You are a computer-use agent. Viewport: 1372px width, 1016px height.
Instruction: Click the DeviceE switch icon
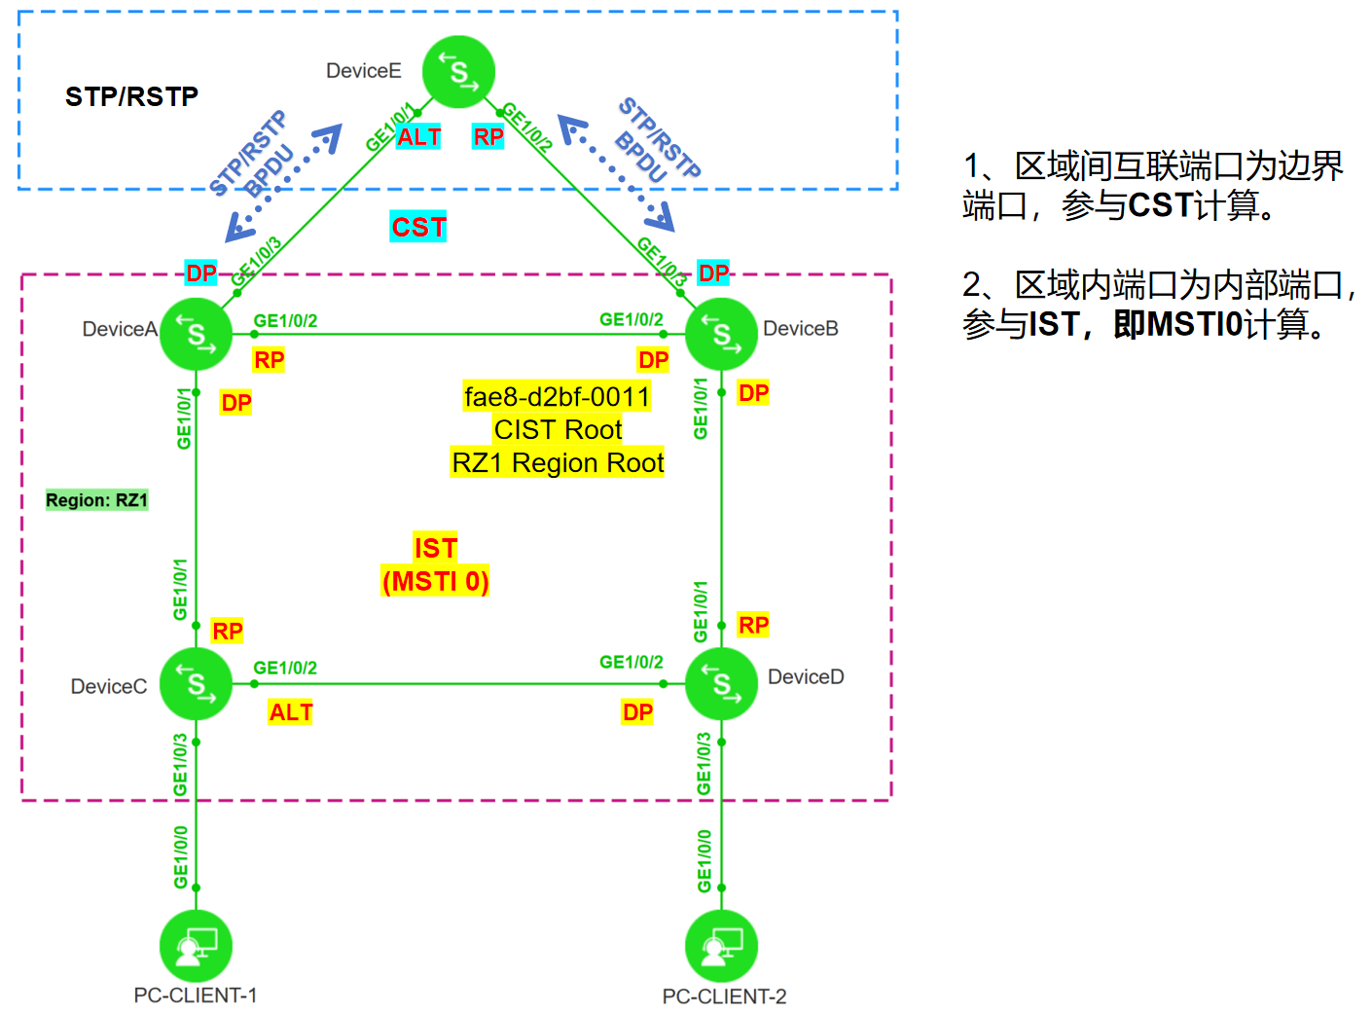coord(459,72)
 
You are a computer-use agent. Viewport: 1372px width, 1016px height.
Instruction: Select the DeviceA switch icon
coord(196,334)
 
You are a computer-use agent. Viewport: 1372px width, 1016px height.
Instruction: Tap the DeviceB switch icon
coord(721,334)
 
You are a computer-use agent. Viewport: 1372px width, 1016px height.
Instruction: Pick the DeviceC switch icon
coord(196,684)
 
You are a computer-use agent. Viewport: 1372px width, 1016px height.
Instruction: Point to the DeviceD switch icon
coord(721,684)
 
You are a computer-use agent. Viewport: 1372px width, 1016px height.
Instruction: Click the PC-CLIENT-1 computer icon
coord(196,945)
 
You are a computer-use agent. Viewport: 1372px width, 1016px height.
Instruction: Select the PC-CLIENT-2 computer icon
coord(721,945)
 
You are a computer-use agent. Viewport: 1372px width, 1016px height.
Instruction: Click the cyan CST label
coord(418,227)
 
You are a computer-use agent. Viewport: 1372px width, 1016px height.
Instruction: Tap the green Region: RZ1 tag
coord(96,500)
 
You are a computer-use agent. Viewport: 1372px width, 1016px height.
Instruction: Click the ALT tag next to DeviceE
coord(419,137)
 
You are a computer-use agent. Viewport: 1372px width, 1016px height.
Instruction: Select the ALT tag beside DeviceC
coord(291,712)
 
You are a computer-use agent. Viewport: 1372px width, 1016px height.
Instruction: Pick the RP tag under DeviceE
coord(488,137)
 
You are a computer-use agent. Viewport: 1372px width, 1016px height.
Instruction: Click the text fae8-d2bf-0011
coord(558,397)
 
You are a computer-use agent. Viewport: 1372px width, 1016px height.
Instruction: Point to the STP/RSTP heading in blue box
coord(131,96)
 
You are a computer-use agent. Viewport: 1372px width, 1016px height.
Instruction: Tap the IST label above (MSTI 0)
coord(435,548)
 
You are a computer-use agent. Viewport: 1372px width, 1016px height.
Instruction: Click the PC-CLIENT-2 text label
coord(724,997)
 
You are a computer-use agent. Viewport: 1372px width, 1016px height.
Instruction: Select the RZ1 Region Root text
coord(558,463)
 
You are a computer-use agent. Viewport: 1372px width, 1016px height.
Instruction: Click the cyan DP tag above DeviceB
coord(713,272)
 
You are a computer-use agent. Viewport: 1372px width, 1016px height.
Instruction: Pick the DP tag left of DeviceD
coord(637,712)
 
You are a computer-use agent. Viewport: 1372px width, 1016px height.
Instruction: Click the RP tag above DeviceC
coord(228,631)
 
